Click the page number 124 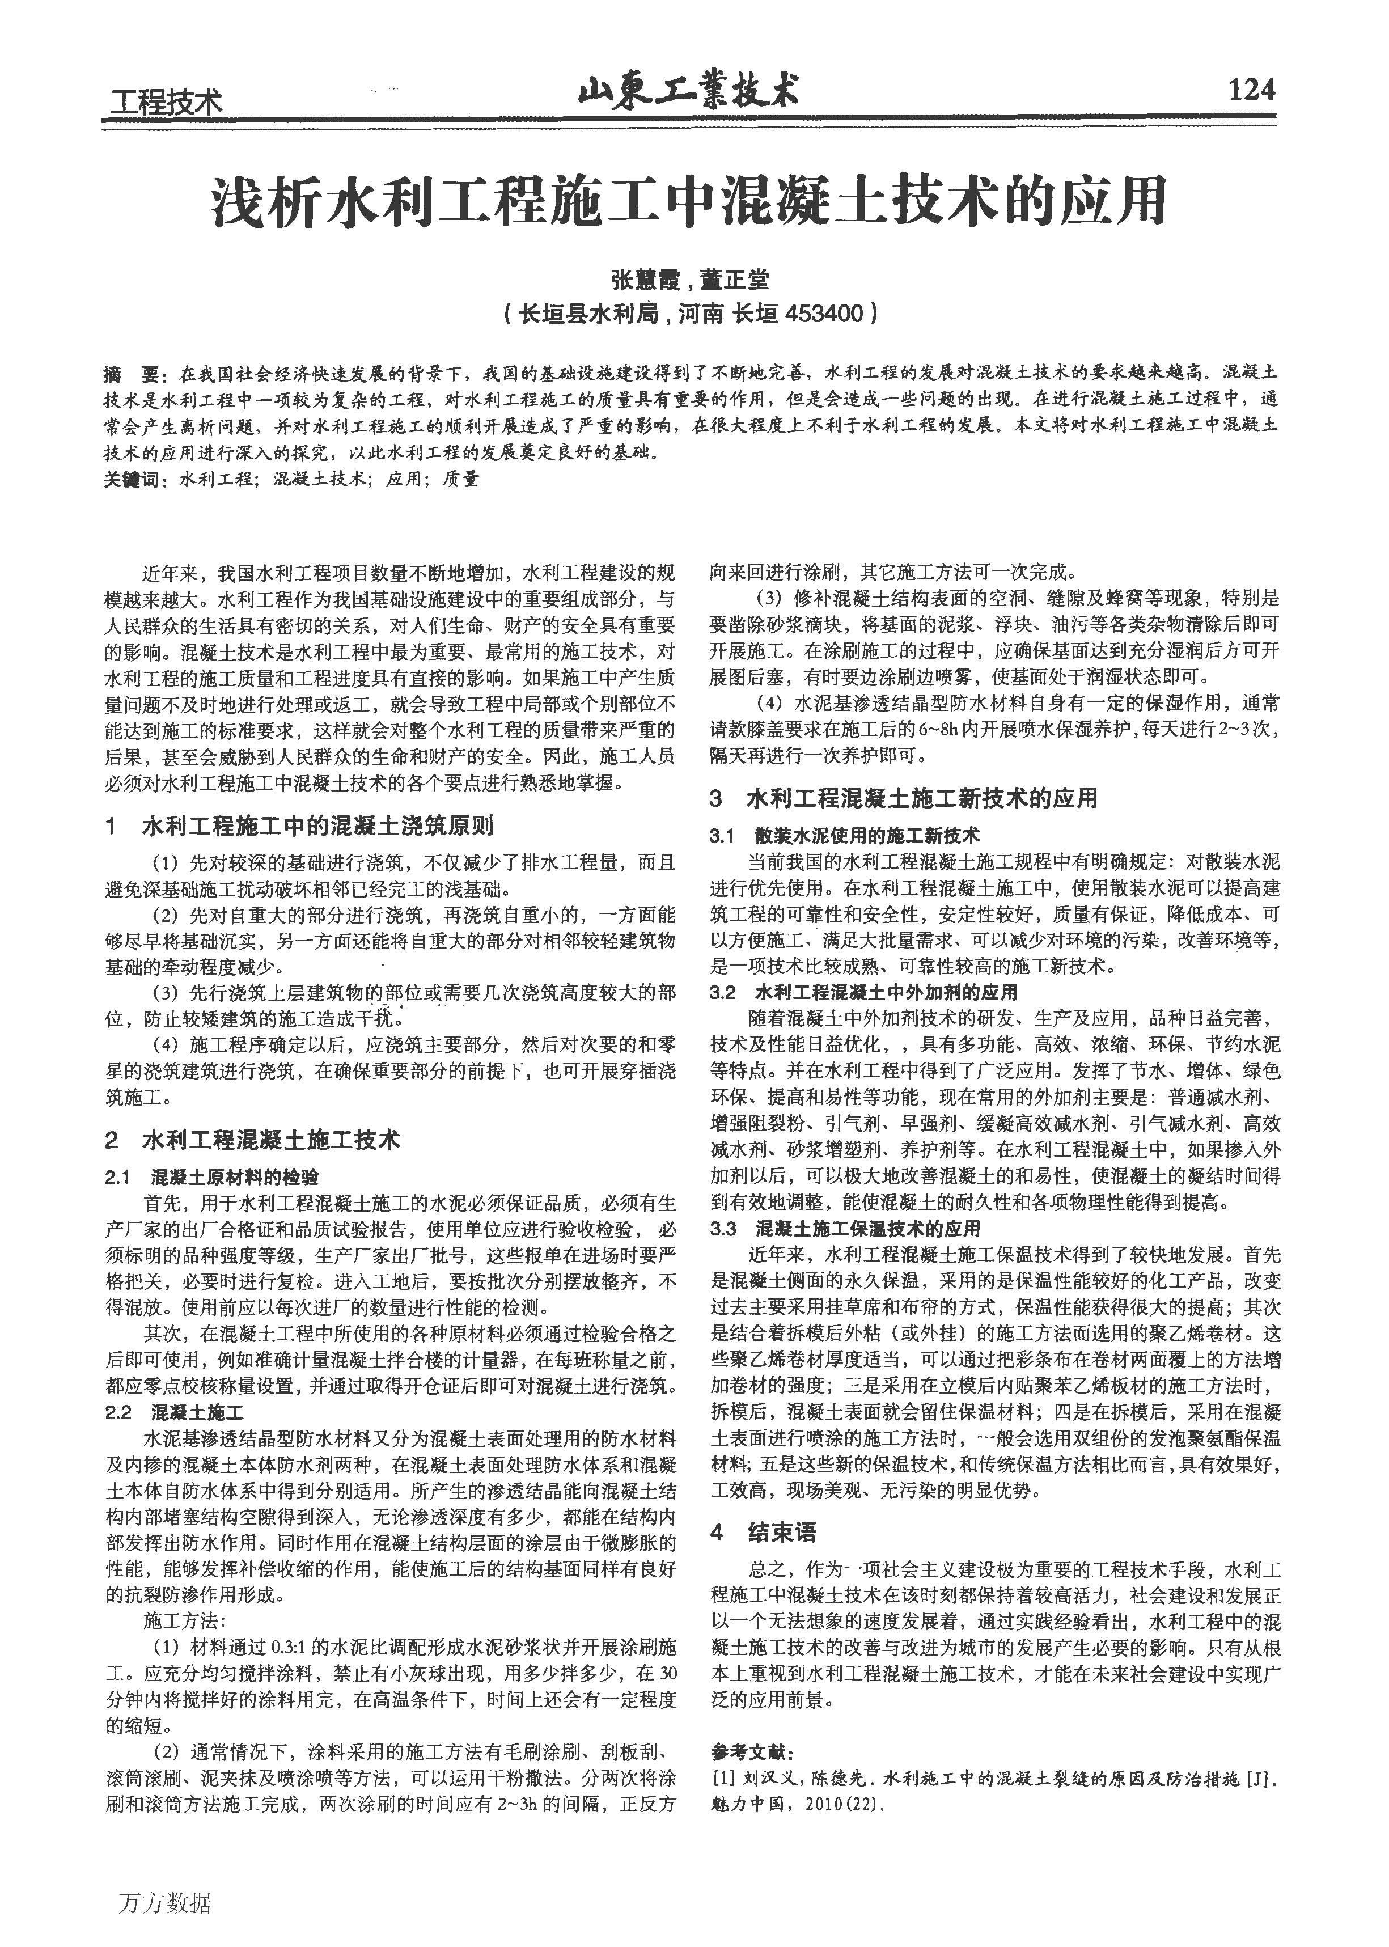pos(1251,89)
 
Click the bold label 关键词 pos(133,479)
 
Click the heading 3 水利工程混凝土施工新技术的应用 pos(903,798)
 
